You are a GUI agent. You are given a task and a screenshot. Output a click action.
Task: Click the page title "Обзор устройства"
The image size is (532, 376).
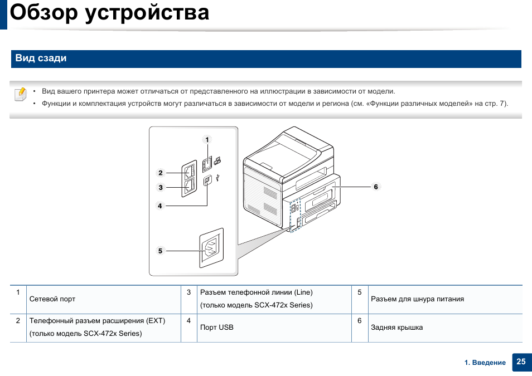point(110,13)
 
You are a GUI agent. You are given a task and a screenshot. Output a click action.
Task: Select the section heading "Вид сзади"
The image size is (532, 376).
point(41,58)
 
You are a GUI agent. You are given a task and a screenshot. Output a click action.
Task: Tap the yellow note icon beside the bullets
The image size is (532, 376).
point(20,94)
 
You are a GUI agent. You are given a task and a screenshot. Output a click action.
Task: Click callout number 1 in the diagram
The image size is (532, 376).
point(207,140)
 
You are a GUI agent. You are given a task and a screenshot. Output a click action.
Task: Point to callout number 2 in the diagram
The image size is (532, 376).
point(160,173)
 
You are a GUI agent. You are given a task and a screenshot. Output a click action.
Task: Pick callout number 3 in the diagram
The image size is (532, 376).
point(160,188)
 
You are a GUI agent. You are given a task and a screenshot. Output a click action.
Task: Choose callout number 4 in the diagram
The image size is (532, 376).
point(159,206)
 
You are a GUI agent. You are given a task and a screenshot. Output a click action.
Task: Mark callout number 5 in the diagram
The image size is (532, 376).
point(160,251)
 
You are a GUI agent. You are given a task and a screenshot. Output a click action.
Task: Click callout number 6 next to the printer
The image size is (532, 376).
point(376,187)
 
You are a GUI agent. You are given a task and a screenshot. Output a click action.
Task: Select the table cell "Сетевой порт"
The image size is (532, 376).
point(52,299)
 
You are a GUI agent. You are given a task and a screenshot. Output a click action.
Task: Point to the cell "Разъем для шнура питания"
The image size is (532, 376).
point(417,299)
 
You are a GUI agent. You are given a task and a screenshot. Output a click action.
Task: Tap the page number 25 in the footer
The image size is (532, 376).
point(521,362)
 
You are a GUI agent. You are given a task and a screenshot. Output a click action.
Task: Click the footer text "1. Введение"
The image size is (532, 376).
point(485,363)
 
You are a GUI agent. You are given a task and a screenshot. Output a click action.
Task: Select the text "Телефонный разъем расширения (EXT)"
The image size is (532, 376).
point(97,321)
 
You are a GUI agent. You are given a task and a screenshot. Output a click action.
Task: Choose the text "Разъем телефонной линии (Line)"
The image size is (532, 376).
point(256,292)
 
